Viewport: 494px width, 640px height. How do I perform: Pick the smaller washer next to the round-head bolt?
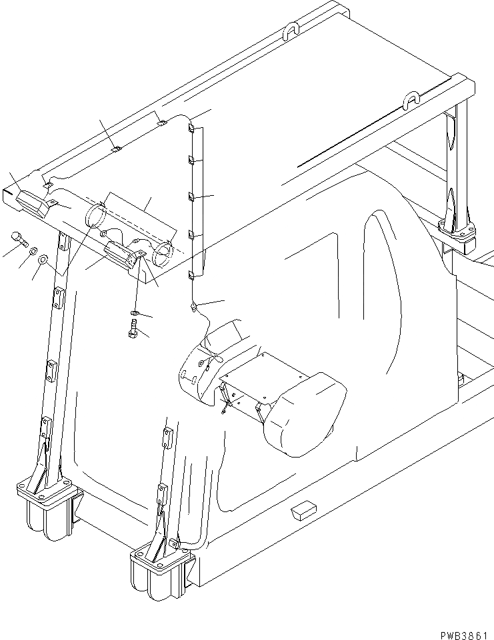(32, 251)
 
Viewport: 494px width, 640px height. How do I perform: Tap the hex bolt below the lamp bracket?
(132, 328)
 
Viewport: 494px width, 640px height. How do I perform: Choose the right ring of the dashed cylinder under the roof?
(163, 253)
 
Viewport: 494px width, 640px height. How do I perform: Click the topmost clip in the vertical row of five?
(191, 127)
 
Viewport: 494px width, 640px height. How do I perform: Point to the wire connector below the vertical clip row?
(194, 306)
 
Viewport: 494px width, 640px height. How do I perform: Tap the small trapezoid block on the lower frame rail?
(301, 511)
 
